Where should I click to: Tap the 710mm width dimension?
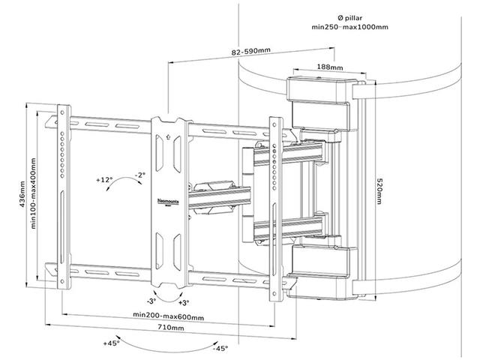coord(168,328)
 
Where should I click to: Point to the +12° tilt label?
coord(104,180)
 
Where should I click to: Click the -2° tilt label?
coord(138,175)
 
